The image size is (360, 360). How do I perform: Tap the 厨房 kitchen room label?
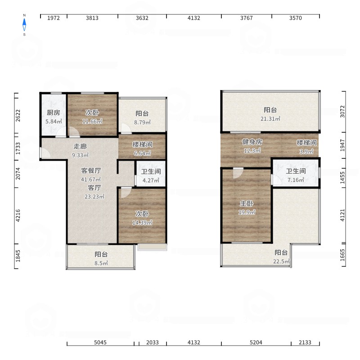[x=54, y=112]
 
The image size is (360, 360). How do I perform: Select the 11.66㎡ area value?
[x=92, y=121]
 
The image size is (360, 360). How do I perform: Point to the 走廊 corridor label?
[x=80, y=146]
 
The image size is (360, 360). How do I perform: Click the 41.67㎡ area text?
[x=91, y=179]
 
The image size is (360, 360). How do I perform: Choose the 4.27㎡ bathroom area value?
[x=151, y=180]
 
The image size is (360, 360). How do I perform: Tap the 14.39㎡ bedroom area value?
[x=142, y=222]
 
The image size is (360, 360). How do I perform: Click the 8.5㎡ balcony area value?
[x=101, y=263]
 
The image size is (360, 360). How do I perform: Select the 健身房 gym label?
[x=252, y=142]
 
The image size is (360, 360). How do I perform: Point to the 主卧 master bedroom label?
[x=247, y=203]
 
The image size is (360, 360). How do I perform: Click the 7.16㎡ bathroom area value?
[x=296, y=180]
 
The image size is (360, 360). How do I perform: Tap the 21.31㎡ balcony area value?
[x=270, y=119]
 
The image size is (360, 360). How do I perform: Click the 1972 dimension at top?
[x=54, y=18]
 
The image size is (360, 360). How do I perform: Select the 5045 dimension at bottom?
[x=100, y=342]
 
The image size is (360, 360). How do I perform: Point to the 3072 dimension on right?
[x=342, y=112]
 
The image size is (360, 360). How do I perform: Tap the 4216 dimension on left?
[x=18, y=216]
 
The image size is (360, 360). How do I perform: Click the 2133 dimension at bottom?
[x=305, y=342]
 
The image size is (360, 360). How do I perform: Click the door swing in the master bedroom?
[x=238, y=173]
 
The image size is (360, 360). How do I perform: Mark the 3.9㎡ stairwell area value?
[x=306, y=152]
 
